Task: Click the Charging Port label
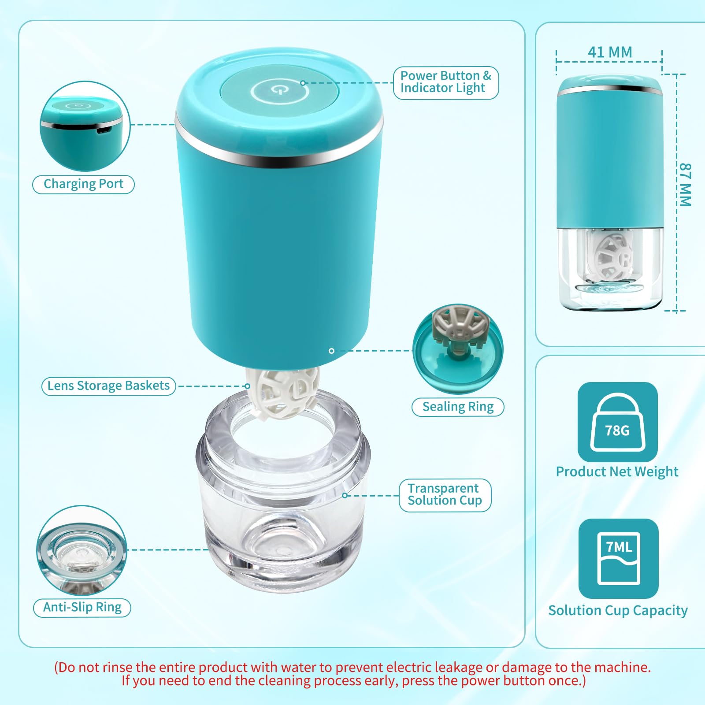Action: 83,184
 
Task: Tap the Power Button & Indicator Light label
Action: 445,82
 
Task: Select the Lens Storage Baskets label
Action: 108,386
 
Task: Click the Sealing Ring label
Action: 458,407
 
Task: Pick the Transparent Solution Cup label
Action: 445,495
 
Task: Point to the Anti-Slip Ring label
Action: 82,607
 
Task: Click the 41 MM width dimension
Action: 610,52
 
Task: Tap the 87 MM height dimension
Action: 685,185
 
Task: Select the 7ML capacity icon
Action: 618,558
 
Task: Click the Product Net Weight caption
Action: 617,471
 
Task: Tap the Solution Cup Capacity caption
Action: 618,610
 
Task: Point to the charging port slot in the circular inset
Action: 103,130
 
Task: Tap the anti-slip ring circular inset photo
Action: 82,551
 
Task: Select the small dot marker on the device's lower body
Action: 331,351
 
